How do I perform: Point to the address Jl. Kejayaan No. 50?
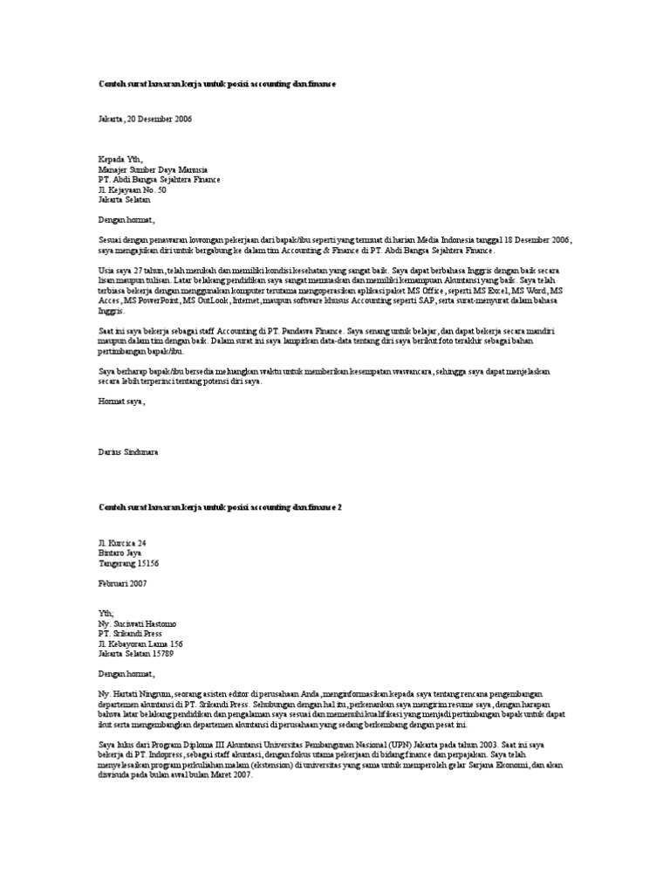coord(132,189)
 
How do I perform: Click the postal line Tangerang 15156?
coord(128,563)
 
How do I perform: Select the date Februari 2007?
coord(123,583)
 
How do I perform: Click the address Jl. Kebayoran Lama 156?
coord(140,643)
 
